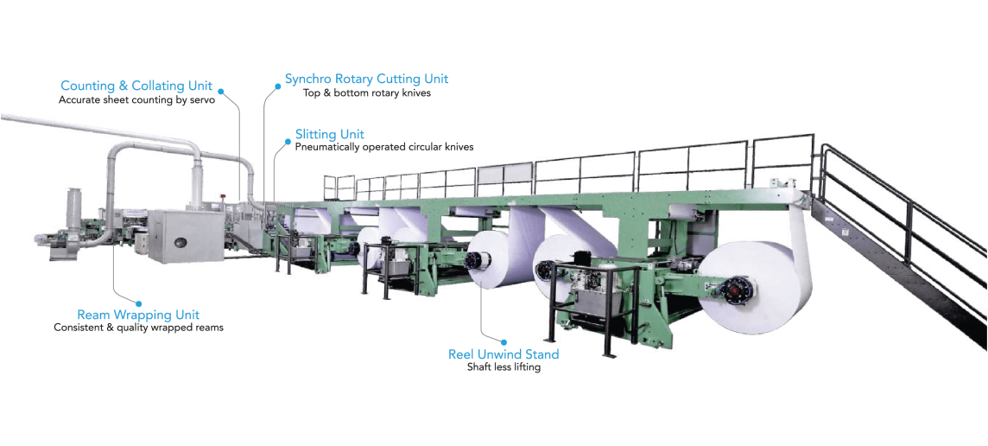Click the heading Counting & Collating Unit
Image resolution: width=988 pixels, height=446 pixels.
(x=136, y=86)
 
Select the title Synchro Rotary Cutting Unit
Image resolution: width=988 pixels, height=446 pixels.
(x=367, y=80)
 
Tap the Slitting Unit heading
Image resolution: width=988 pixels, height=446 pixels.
(x=330, y=134)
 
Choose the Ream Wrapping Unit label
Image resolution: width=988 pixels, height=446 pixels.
(x=138, y=314)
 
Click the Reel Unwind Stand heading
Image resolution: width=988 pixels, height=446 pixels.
(x=503, y=354)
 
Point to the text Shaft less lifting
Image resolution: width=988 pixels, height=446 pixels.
(x=503, y=366)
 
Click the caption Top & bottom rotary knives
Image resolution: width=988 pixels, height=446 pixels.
(x=367, y=92)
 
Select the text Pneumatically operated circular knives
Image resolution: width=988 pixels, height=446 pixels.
(x=384, y=147)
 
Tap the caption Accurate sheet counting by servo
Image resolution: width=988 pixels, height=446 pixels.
(x=137, y=99)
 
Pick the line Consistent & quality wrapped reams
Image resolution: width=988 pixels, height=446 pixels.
(x=139, y=328)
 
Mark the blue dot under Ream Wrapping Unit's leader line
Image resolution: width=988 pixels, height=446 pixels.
(x=139, y=303)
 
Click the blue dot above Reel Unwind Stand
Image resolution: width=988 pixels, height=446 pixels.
(x=504, y=342)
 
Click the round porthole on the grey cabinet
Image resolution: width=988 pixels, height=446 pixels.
(x=182, y=241)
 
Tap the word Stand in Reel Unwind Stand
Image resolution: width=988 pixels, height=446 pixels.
(x=541, y=354)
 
